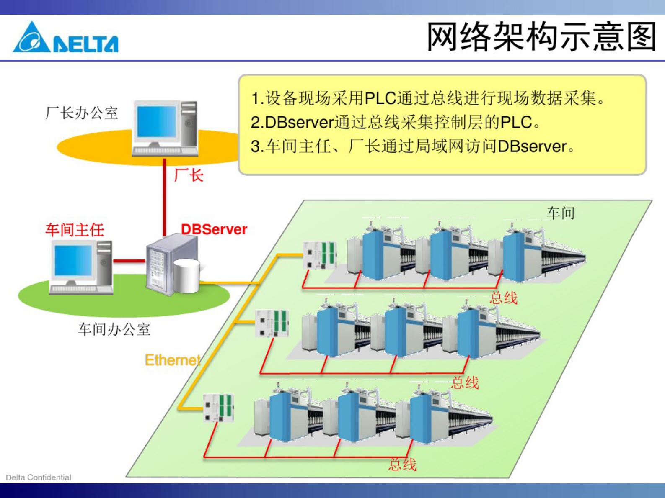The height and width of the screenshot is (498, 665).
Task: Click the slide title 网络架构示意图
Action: [x=541, y=37]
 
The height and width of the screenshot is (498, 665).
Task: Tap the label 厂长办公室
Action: [x=82, y=113]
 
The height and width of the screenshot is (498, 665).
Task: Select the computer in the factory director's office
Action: [x=165, y=128]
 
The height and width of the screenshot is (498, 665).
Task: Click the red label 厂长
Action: [x=189, y=175]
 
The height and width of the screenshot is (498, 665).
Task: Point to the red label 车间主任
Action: [x=75, y=230]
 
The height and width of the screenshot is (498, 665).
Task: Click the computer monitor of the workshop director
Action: [x=73, y=261]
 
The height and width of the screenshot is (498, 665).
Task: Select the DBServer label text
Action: [x=214, y=229]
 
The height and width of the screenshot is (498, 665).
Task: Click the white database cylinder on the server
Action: [x=186, y=276]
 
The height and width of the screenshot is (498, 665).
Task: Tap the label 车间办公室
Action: [x=114, y=329]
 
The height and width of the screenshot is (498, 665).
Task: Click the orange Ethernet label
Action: [x=172, y=360]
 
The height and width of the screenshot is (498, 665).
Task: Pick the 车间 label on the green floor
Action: [x=560, y=213]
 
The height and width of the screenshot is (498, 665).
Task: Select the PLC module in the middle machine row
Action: [x=272, y=323]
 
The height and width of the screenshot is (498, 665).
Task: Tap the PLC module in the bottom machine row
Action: [x=218, y=407]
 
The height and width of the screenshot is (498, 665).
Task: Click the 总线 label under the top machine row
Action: [x=503, y=298]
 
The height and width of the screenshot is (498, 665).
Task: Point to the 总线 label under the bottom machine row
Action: [x=402, y=465]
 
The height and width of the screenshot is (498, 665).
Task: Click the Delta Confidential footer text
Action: [x=39, y=477]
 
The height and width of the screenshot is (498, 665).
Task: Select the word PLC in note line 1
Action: [x=380, y=99]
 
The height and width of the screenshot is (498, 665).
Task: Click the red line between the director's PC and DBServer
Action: [x=129, y=261]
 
